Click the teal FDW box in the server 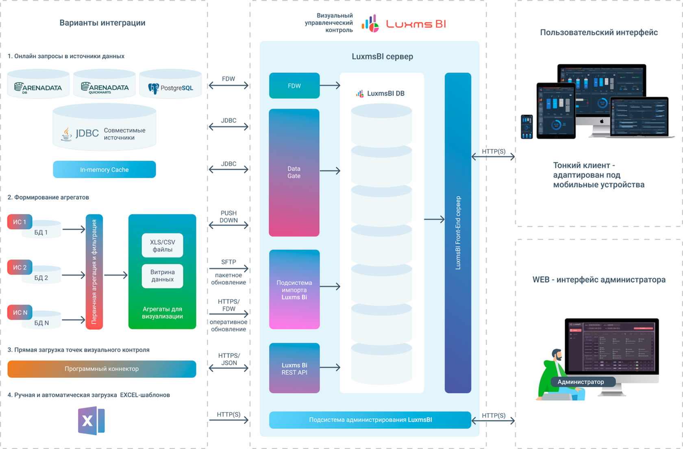point(294,86)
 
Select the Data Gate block point(294,172)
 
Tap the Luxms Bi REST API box point(294,368)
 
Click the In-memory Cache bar point(104,170)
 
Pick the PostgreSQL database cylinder point(170,84)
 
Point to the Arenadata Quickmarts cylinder point(104,84)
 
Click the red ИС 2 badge point(20,267)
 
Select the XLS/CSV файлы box point(162,246)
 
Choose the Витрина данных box point(162,276)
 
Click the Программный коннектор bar point(102,369)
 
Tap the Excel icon point(91,421)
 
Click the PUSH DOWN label point(228,216)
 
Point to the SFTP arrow point(228,268)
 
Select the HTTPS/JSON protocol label point(229,359)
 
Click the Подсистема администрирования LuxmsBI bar point(370,420)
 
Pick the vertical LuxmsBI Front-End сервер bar point(458,233)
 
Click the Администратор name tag point(581,382)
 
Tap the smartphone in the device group point(527,126)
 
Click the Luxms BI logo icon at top point(370,24)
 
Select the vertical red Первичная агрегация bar point(94,272)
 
